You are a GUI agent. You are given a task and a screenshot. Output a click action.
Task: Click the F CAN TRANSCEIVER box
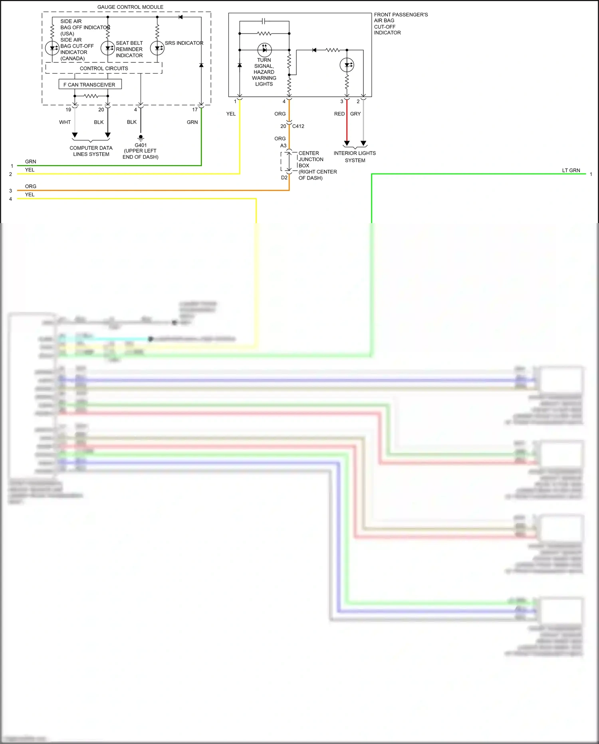90,85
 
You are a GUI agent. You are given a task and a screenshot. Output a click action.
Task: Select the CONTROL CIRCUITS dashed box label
104,68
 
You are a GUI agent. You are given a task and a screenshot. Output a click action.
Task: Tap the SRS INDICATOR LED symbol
157,48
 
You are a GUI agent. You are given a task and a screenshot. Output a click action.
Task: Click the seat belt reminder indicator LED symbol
107,48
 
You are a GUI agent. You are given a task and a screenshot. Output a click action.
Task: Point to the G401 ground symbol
141,138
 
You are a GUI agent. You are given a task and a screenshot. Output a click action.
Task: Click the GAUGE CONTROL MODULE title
130,7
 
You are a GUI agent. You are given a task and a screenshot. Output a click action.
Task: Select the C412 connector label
298,126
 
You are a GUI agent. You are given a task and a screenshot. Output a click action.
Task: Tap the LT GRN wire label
571,170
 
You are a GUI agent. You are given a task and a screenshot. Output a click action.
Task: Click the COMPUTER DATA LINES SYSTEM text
91,151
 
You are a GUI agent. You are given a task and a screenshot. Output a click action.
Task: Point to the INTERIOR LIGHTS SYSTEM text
355,157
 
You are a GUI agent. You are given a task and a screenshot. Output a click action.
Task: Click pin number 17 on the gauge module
194,110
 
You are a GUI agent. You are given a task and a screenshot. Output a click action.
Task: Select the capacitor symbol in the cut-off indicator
264,21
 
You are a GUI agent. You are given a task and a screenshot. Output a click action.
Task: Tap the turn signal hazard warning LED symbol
264,50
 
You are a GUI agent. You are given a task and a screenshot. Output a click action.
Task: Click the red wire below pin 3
347,124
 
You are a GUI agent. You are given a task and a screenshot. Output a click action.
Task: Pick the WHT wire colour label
65,122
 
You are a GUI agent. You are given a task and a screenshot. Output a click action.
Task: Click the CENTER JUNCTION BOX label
311,160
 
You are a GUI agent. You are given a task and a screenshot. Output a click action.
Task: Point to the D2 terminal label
284,178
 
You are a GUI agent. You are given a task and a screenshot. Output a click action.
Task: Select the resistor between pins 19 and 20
91,96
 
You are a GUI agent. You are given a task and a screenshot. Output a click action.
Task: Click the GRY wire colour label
355,114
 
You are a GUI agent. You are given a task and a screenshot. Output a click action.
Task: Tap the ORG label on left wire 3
30,186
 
